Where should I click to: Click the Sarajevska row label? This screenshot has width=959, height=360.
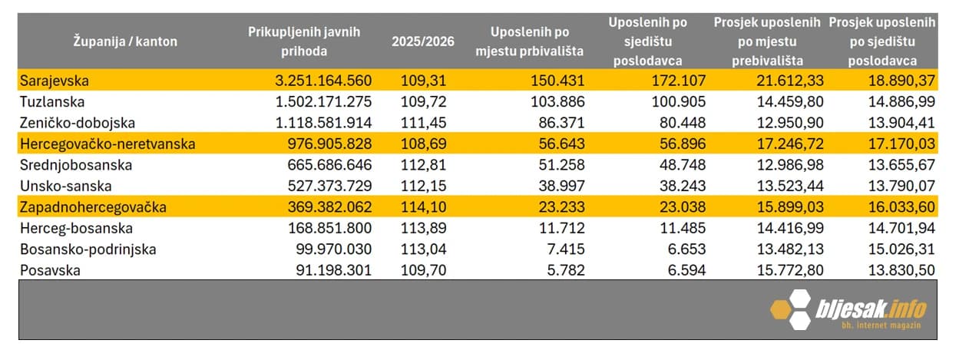(x=56, y=80)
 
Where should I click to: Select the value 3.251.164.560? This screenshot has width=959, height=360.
(x=323, y=80)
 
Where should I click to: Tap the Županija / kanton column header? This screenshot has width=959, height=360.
(x=125, y=41)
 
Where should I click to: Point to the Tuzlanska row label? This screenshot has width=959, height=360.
(x=52, y=101)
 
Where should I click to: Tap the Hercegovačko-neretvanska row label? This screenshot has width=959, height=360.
(x=107, y=144)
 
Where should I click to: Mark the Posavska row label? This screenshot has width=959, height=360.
(x=50, y=270)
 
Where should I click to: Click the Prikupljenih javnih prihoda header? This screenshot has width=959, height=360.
(x=304, y=41)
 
